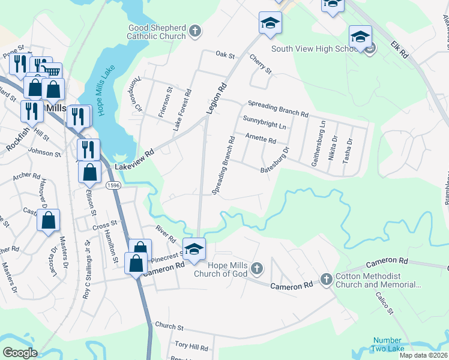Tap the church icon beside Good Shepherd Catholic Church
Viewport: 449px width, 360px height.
pyautogui.click(x=194, y=30)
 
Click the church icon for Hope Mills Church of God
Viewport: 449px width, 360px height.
pyautogui.click(x=257, y=268)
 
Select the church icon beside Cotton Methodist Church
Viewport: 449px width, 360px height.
pyautogui.click(x=326, y=279)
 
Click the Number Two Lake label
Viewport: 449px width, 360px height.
pyautogui.click(x=388, y=344)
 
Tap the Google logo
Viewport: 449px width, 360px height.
pyautogui.click(x=20, y=353)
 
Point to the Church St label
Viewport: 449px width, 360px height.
pyautogui.click(x=169, y=327)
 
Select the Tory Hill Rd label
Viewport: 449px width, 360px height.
pyautogui.click(x=191, y=347)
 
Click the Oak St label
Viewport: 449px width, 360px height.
pyautogui.click(x=225, y=55)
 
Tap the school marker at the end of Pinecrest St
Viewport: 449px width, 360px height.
pyautogui.click(x=194, y=249)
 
